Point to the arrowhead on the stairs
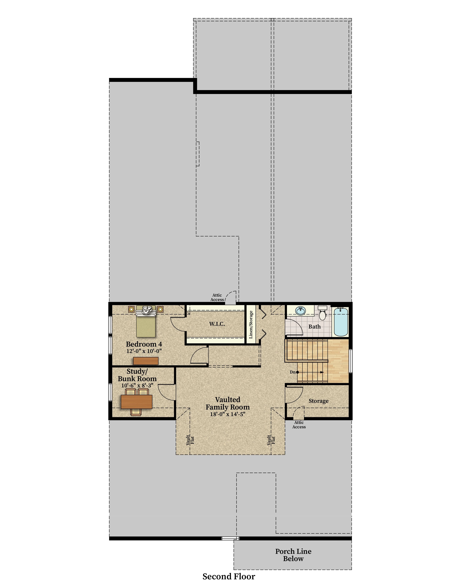[x=322, y=372]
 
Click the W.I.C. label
[x=217, y=324]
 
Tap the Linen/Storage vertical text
[x=251, y=324]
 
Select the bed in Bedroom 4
[x=146, y=321]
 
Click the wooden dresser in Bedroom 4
[x=146, y=361]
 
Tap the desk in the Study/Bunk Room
[x=136, y=402]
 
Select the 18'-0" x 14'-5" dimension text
[x=228, y=414]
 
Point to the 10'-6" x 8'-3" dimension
[x=137, y=385]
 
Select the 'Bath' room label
[x=314, y=327]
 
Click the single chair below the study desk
[x=136, y=412]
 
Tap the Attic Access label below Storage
[x=299, y=425]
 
